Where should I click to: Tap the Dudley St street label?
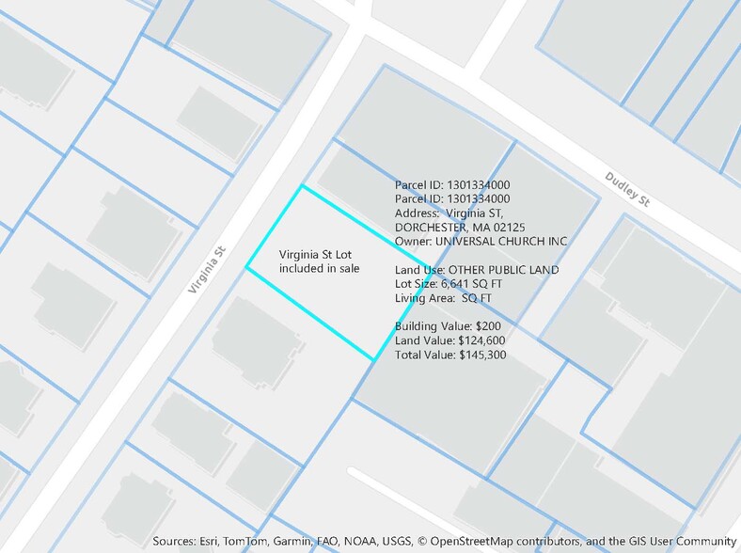coord(627,189)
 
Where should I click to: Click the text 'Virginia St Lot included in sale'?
coord(319,261)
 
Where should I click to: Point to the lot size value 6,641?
coord(461,284)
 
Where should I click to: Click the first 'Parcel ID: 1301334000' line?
coord(452,185)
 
